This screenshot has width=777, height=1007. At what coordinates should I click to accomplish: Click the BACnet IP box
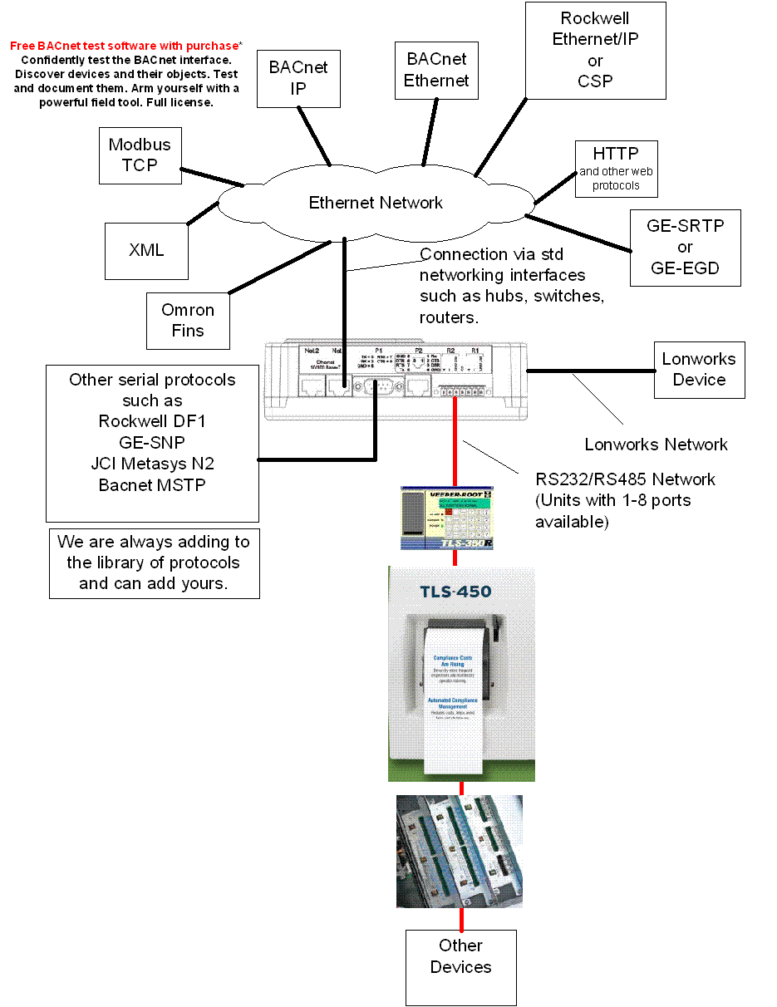(298, 78)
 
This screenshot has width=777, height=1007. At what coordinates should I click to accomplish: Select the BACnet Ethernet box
(436, 70)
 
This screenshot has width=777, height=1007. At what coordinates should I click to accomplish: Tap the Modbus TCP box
(140, 155)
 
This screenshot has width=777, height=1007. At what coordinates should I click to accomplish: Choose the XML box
(146, 250)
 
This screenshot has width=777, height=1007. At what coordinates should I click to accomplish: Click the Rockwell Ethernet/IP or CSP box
(595, 50)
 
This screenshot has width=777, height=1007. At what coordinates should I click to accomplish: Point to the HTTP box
(616, 169)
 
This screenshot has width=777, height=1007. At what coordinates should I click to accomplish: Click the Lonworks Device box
(699, 370)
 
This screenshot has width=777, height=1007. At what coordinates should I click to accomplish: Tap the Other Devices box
(460, 957)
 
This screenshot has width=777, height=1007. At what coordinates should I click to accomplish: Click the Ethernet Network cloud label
(376, 203)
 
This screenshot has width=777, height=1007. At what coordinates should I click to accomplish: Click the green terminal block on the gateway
(455, 389)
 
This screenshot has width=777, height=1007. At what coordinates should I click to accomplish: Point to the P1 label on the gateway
(379, 351)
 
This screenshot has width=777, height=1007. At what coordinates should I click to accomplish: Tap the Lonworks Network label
(656, 445)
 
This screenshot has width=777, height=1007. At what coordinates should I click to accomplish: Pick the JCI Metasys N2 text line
(152, 464)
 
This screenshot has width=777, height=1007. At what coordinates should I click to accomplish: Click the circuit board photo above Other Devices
(460, 851)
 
